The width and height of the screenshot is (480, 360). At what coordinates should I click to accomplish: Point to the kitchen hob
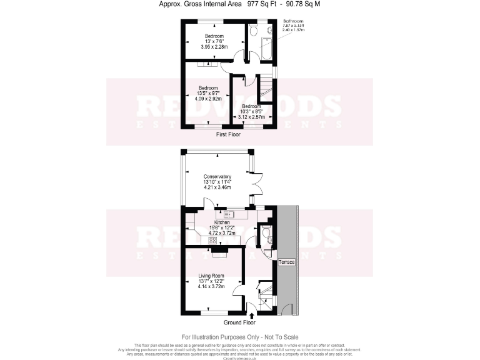212,241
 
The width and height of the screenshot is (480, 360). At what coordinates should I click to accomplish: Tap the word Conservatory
217,176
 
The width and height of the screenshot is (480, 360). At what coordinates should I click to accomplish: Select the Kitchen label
222,222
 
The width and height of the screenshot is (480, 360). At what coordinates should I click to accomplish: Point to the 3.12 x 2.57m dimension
252,117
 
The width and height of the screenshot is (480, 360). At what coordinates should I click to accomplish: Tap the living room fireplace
220,251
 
